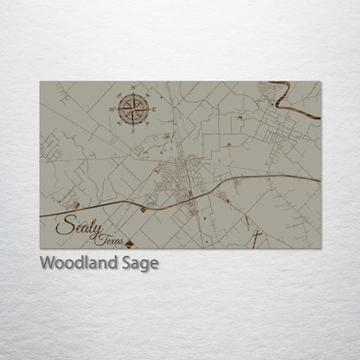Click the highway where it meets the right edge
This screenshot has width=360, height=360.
coord(318,180)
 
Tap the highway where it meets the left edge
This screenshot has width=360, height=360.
coord(42,215)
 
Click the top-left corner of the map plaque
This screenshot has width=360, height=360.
coord(41,81)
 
